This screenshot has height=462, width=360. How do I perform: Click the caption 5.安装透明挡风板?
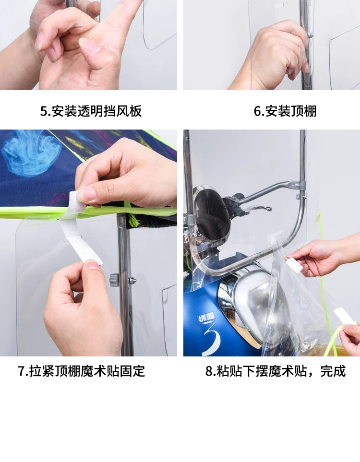click(91, 111)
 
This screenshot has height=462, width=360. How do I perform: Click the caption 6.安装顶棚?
click(285, 111)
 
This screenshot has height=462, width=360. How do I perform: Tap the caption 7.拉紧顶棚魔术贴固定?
click(82, 371)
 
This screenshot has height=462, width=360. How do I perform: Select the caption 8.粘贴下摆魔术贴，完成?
click(276, 371)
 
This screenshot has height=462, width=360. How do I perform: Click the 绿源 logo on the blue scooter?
click(207, 318)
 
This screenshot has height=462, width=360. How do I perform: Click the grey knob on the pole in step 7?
click(114, 280)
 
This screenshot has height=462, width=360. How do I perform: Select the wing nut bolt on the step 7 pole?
click(132, 280)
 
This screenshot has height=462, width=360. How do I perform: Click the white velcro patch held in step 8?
click(295, 265)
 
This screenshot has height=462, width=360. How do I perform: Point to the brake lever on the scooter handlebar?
click(251, 208)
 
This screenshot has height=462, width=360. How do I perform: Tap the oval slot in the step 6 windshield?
click(279, 5)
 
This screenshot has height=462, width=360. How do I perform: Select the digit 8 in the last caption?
click(209, 371)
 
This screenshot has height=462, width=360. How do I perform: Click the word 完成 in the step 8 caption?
click(333, 371)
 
